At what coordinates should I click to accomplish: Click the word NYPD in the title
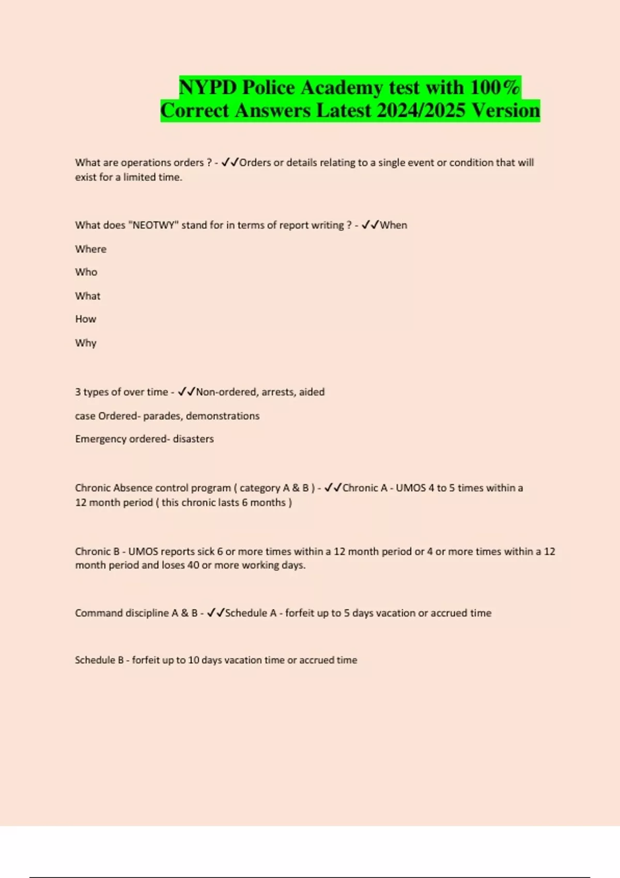tap(208, 87)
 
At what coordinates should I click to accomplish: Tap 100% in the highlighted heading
tap(495, 87)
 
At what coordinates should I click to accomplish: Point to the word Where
tap(91, 249)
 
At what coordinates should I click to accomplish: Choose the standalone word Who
tap(86, 272)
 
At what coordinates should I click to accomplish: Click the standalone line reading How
tap(86, 319)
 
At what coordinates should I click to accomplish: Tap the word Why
tap(86, 343)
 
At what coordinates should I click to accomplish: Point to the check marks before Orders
tap(230, 162)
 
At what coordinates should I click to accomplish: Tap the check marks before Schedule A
tap(215, 613)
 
